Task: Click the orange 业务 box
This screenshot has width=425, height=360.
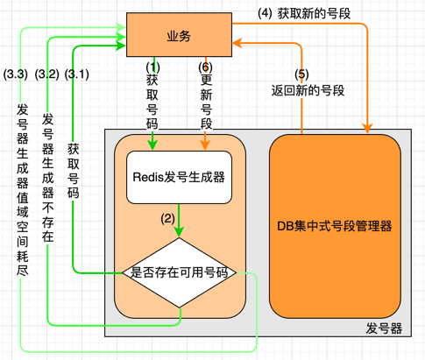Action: coord(179,34)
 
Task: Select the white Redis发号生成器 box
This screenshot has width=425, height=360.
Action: coord(179,177)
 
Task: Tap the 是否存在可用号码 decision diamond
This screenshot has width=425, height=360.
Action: coord(179,272)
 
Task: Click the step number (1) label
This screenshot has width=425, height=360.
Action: coord(152,67)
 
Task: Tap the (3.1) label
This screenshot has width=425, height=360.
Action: coord(77,74)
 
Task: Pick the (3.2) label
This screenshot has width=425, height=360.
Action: coord(46,74)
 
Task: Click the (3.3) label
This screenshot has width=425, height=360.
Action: coord(17,74)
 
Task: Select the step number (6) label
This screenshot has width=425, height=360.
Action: coord(205,67)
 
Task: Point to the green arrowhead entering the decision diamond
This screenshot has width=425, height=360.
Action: coord(179,234)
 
